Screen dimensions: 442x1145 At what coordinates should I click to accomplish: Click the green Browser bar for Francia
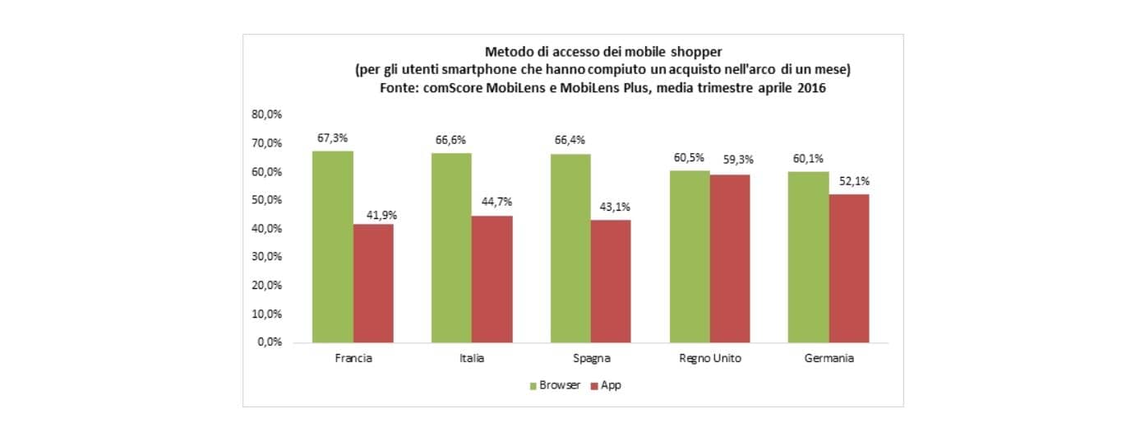click(x=332, y=246)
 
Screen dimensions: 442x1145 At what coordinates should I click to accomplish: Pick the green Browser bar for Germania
click(x=808, y=257)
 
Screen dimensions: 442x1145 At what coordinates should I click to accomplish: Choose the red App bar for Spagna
click(x=611, y=281)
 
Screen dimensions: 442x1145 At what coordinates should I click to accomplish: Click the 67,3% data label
click(x=332, y=138)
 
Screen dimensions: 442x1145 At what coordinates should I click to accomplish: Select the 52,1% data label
click(x=848, y=180)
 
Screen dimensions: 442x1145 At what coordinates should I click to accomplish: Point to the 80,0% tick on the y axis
click(x=267, y=115)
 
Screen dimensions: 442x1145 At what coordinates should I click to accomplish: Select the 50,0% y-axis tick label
click(x=267, y=200)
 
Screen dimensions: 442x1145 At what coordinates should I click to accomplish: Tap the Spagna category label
click(x=591, y=359)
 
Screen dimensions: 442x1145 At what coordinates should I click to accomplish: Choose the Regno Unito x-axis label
click(x=710, y=359)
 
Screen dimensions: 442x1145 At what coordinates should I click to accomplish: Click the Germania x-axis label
click(x=829, y=359)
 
